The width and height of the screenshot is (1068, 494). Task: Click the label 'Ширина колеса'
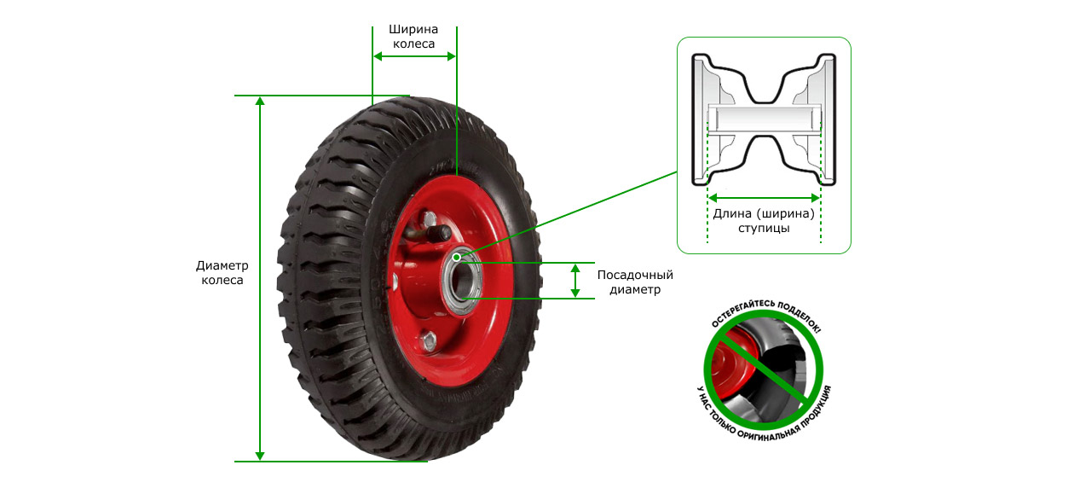(413, 37)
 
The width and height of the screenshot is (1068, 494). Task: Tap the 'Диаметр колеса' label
(222, 272)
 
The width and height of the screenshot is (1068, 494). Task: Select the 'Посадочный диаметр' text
(635, 282)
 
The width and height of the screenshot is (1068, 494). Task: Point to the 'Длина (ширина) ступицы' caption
(764, 220)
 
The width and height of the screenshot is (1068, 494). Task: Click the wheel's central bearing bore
(459, 281)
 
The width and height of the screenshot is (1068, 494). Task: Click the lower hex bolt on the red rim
(428, 340)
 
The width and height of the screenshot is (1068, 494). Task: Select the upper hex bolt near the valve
(428, 219)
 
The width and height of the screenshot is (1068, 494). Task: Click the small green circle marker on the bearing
(457, 258)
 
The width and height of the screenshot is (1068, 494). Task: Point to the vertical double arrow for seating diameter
(575, 281)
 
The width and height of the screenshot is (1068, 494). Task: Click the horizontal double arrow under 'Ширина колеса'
(414, 57)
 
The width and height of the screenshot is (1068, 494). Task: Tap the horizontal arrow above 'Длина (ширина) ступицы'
(764, 198)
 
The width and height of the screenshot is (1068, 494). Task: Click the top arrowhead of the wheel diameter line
(260, 102)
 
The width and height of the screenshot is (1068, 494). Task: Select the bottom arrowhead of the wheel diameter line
(260, 456)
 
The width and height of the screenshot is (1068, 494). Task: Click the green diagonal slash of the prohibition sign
(764, 370)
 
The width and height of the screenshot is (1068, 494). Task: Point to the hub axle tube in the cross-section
(764, 119)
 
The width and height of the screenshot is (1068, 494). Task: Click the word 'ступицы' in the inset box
(764, 228)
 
